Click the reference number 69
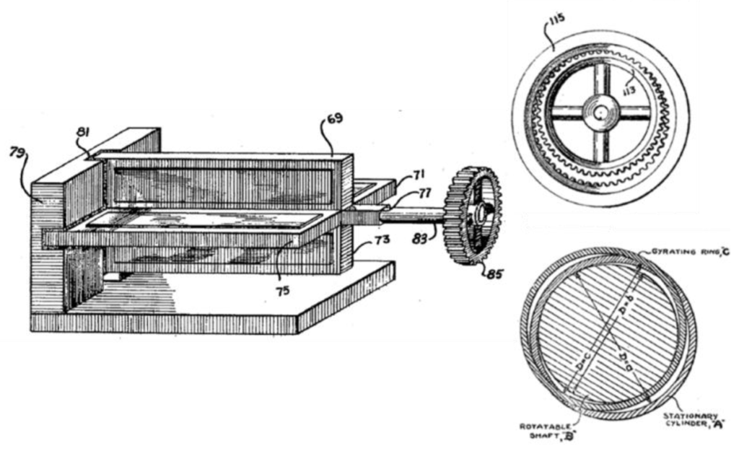[333, 118]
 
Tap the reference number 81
[84, 133]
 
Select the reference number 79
[17, 152]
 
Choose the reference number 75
[282, 293]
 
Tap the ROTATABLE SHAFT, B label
[546, 430]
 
